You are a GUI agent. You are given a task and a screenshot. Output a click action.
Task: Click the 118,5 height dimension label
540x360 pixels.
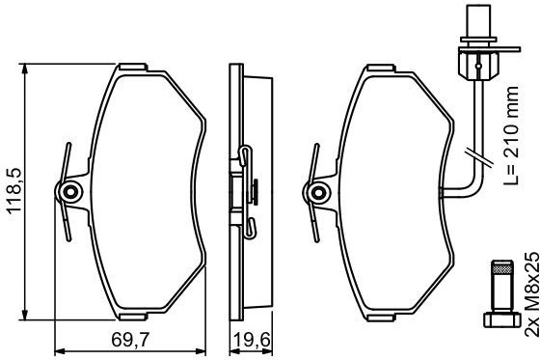click(14, 192)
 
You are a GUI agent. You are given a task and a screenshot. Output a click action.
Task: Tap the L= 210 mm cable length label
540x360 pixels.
click(511, 136)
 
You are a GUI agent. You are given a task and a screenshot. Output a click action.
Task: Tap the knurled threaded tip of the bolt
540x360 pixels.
click(501, 267)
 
